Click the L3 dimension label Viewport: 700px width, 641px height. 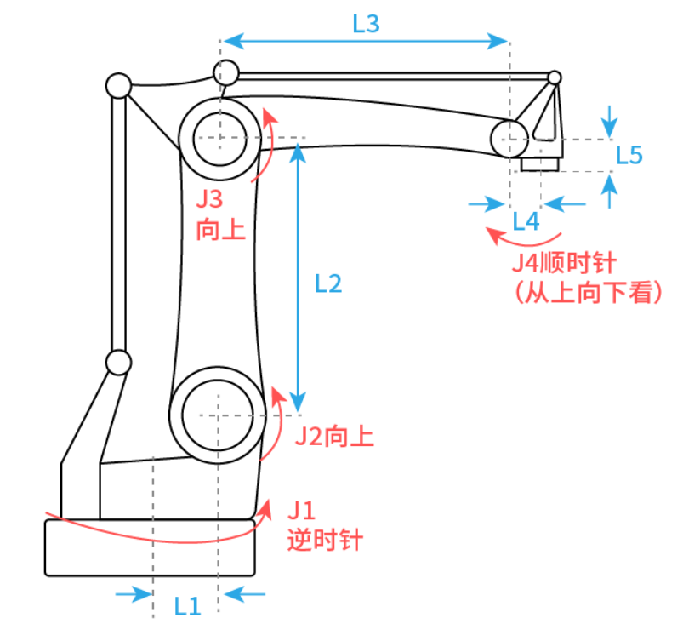tap(366, 24)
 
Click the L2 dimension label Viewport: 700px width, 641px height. tap(327, 283)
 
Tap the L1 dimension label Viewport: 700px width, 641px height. tap(187, 606)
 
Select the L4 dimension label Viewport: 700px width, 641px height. tap(526, 221)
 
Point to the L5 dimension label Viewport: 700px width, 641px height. tap(629, 155)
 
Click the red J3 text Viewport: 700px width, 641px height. tap(209, 200)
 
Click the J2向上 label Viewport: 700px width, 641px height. tap(334, 437)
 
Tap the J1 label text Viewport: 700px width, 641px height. tap(300, 511)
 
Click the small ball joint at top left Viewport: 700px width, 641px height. tap(117, 86)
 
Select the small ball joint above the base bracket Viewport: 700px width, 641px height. tap(117, 363)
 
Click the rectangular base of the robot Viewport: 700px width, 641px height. tap(150, 547)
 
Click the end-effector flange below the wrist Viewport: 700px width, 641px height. tap(541, 163)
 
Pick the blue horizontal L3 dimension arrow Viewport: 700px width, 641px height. tap(365, 40)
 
